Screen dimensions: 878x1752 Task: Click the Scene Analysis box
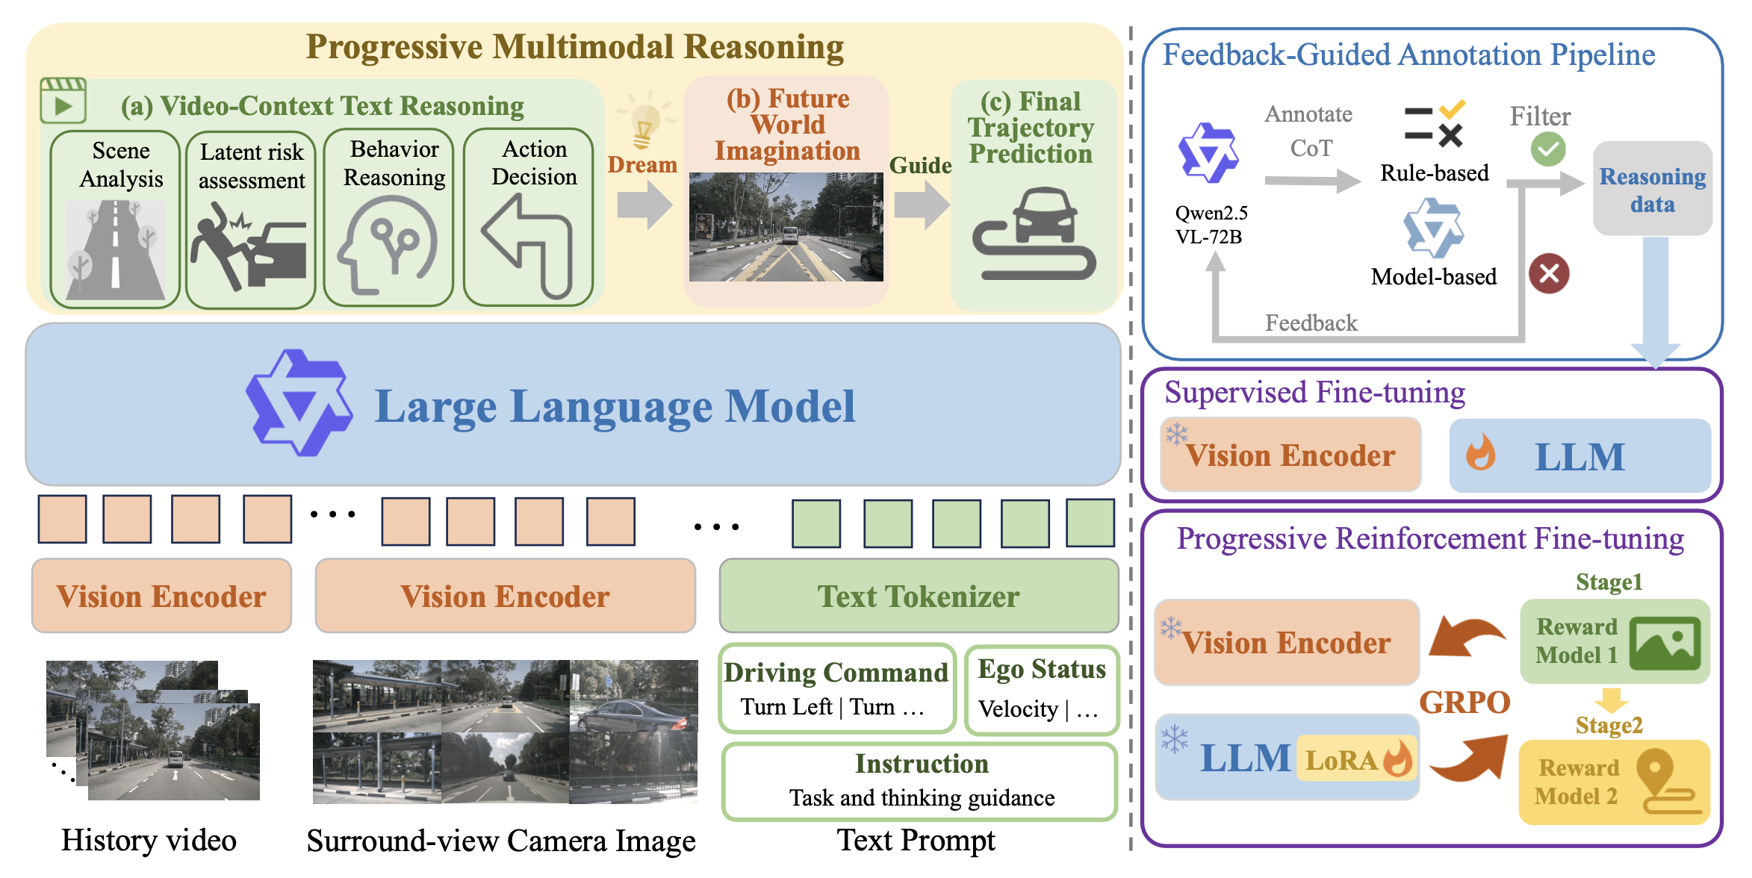pyautogui.click(x=115, y=219)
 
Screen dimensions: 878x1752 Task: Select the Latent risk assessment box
pyautogui.click(x=251, y=219)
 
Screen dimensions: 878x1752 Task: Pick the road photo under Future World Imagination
pyautogui.click(x=786, y=227)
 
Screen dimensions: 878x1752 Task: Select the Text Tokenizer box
pyautogui.click(x=919, y=597)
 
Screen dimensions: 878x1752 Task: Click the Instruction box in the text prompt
pyautogui.click(x=920, y=781)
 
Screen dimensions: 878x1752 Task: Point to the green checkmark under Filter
pyautogui.click(x=1548, y=149)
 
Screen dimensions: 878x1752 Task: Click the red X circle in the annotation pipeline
pyautogui.click(x=1549, y=273)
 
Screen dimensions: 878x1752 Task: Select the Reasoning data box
pyautogui.click(x=1652, y=190)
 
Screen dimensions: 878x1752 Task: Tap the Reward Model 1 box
pyautogui.click(x=1615, y=641)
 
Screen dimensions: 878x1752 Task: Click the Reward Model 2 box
pyautogui.click(x=1614, y=782)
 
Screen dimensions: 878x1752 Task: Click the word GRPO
pyautogui.click(x=1464, y=703)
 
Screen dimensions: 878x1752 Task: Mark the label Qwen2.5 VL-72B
pyautogui.click(x=1211, y=225)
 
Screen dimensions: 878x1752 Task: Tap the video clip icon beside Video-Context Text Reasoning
pyautogui.click(x=63, y=101)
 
